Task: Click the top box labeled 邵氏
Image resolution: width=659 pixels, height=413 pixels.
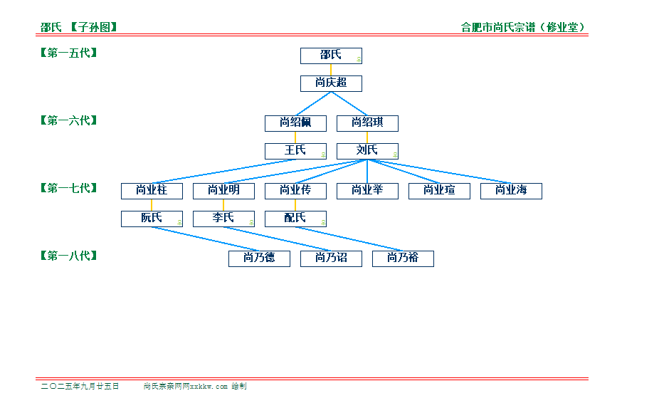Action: click(x=331, y=56)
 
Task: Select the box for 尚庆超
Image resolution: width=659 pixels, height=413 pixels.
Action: click(x=331, y=84)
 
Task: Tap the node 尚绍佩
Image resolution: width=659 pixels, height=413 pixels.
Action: click(x=295, y=124)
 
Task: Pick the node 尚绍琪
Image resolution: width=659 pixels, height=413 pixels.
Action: click(x=367, y=124)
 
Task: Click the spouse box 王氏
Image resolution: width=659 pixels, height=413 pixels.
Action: click(x=295, y=152)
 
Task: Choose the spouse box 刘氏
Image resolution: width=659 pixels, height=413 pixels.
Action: click(x=367, y=152)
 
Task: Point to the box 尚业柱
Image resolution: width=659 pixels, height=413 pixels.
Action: click(x=152, y=192)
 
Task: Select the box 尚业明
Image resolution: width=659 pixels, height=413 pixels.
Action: click(x=223, y=192)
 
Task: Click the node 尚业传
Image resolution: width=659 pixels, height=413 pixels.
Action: click(x=295, y=192)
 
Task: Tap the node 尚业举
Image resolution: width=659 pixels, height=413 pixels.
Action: click(x=367, y=192)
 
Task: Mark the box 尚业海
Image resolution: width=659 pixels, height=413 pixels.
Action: click(x=511, y=192)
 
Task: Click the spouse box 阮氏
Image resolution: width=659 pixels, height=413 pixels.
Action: click(x=152, y=219)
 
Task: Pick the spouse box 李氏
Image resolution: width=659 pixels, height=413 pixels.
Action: click(x=223, y=219)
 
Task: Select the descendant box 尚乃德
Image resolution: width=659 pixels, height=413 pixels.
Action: click(x=259, y=258)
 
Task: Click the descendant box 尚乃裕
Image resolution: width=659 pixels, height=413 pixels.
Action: click(x=403, y=258)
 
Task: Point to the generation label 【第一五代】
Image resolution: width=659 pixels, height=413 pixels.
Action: click(x=69, y=53)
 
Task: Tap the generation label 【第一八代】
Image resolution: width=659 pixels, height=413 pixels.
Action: click(x=69, y=256)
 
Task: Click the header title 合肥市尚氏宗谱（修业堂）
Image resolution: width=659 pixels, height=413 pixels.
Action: click(x=523, y=27)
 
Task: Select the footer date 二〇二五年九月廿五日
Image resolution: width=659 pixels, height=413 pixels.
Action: click(x=80, y=386)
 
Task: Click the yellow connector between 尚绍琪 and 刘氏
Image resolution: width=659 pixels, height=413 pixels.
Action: click(x=367, y=137)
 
